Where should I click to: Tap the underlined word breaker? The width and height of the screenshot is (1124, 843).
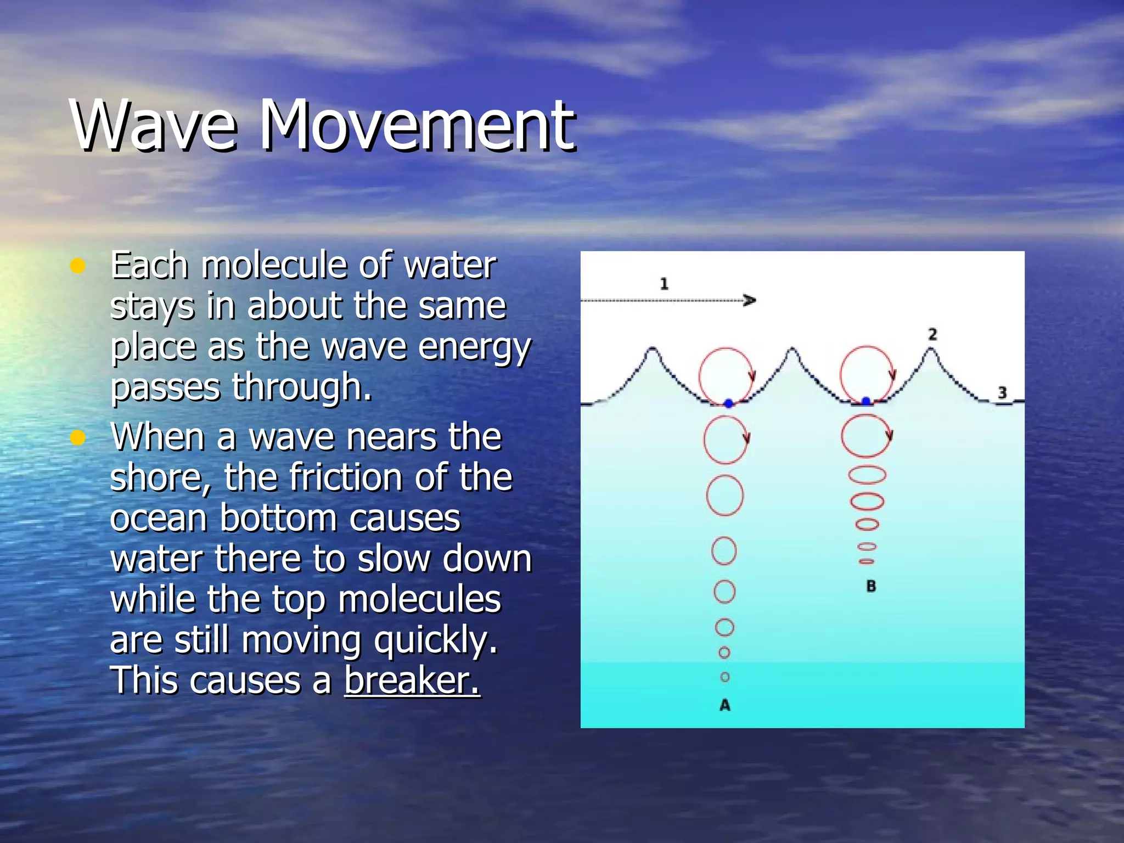(x=412, y=681)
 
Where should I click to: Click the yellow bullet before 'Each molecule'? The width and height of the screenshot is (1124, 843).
(x=78, y=266)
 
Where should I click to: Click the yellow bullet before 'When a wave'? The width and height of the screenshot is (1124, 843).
(x=78, y=438)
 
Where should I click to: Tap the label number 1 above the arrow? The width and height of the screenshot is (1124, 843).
(x=664, y=284)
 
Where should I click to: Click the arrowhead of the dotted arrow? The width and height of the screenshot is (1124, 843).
(x=750, y=300)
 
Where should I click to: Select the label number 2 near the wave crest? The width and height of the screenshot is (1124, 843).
(x=932, y=334)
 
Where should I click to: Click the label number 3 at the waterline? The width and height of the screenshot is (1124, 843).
(x=1002, y=392)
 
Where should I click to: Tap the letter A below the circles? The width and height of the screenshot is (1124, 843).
(x=725, y=705)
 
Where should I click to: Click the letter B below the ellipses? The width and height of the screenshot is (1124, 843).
(x=871, y=586)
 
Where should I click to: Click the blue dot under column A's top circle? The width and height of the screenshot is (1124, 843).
(x=728, y=403)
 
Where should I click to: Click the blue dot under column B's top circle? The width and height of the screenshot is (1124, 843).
(x=866, y=401)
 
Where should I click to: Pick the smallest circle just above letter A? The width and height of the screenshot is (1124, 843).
(x=725, y=677)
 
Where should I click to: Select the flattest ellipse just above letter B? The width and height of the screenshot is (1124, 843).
(x=867, y=561)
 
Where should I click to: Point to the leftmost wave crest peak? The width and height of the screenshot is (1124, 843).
(x=652, y=350)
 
